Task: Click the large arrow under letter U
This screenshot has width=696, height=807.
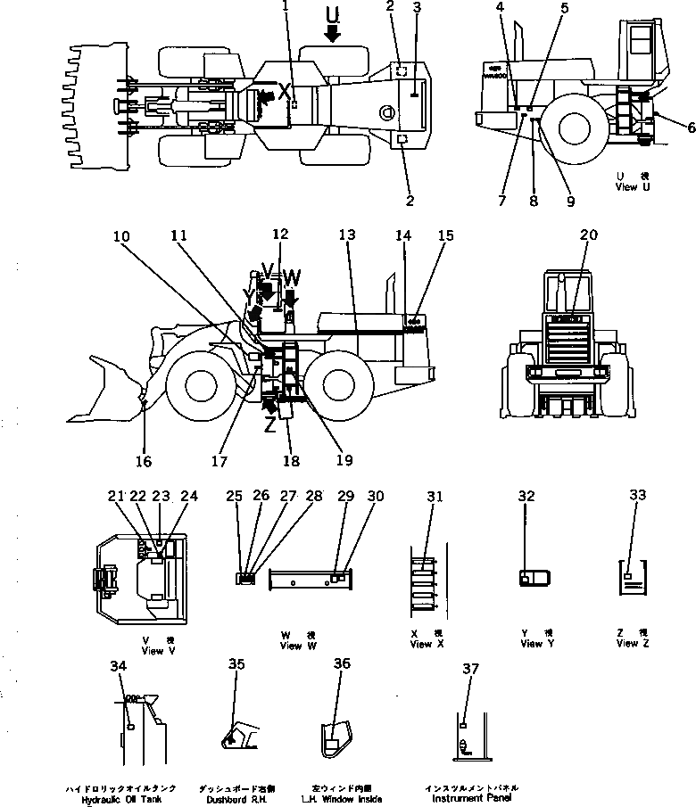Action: (x=333, y=34)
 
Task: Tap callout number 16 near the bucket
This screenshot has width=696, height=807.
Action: (x=145, y=461)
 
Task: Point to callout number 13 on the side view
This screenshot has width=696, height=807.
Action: (x=346, y=235)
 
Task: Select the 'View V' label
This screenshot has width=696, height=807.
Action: (x=153, y=651)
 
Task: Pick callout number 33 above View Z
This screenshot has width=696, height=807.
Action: (x=637, y=496)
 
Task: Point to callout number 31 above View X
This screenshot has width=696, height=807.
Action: (x=435, y=496)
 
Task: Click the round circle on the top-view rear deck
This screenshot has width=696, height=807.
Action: (x=385, y=113)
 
